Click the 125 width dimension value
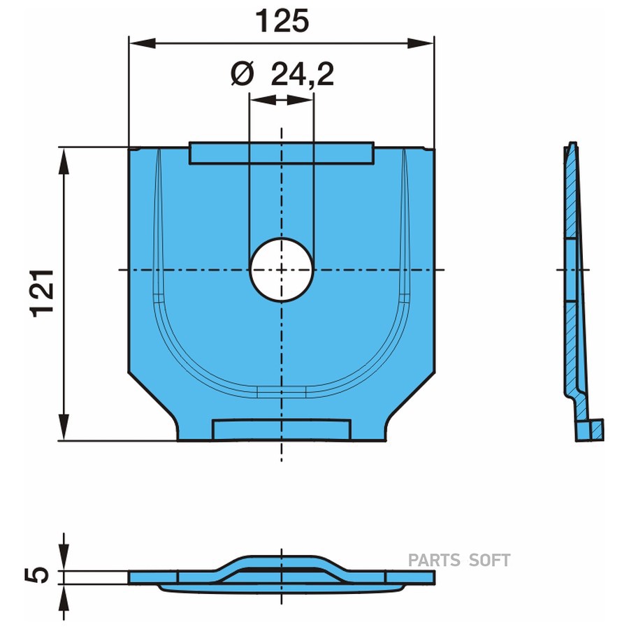282,21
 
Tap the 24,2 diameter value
303,74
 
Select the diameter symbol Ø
243,74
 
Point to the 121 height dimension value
43,294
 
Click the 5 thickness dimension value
36,575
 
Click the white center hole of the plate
282,270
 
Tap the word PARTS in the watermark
434,560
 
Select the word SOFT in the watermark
489,560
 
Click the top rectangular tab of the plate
282,153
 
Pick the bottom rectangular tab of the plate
282,430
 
